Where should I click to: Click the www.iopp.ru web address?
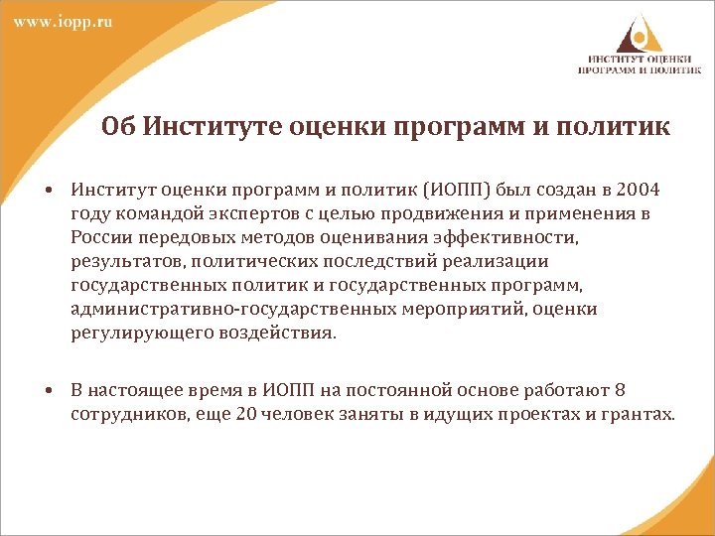(63, 23)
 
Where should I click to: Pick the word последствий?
(357, 262)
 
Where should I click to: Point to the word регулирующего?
(136, 335)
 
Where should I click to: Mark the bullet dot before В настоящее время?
(48, 390)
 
